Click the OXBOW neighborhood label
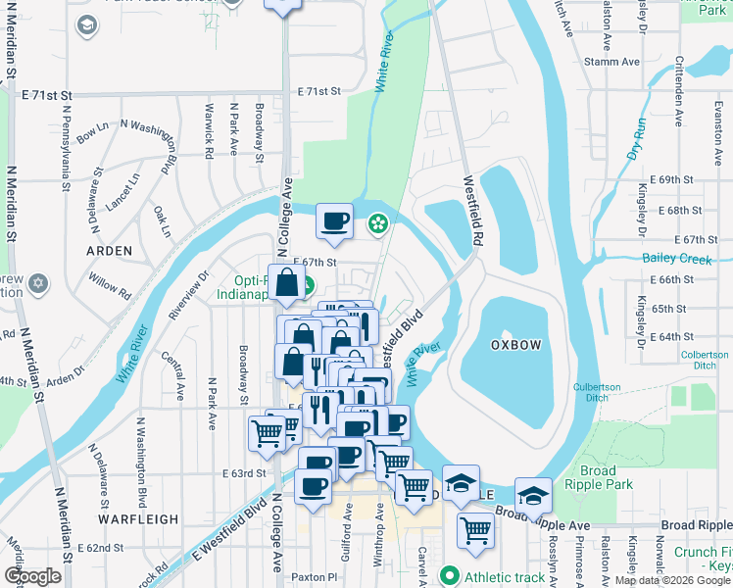515,344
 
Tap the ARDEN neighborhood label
109,251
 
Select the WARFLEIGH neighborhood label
138,518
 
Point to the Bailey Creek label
676,259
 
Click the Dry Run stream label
637,139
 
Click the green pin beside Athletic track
451,575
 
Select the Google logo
32,576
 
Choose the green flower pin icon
377,226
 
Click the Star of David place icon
38,283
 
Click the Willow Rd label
113,287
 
